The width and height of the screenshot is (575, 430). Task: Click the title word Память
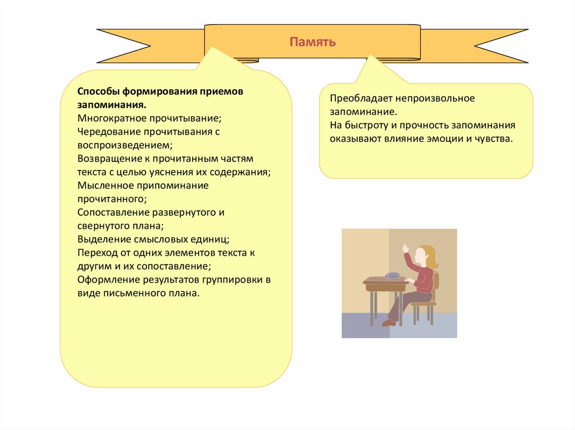click(313, 42)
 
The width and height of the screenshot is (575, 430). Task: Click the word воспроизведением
click(118, 145)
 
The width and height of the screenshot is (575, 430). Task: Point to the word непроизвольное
click(431, 98)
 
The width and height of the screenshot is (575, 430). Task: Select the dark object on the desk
click(392, 276)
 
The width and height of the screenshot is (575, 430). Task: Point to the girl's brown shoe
click(389, 322)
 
